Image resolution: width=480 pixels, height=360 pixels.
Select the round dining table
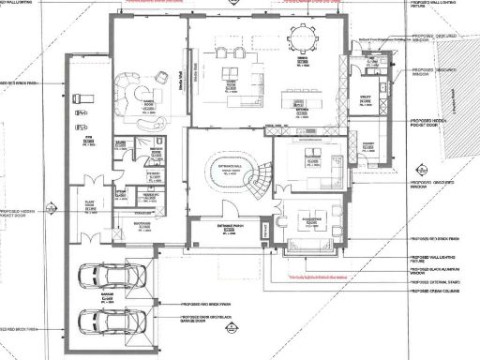click(305, 40)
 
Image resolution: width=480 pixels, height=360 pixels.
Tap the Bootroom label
click(143, 225)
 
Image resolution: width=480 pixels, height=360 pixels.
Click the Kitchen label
click(302, 110)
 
